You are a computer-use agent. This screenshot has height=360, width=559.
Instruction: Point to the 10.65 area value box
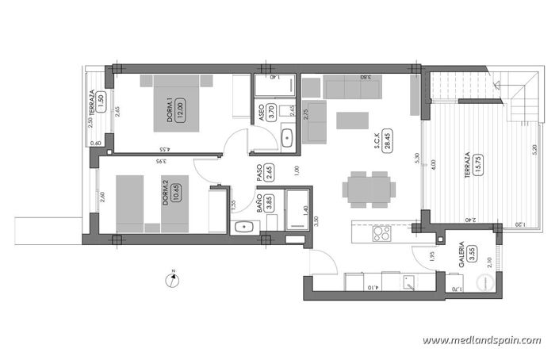pyautogui.click(x=177, y=191)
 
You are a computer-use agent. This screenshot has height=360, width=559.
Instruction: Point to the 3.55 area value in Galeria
pyautogui.click(x=473, y=254)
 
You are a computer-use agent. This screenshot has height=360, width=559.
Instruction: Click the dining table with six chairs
pyautogui.click(x=369, y=189)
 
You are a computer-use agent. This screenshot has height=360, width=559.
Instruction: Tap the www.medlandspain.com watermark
pyautogui.click(x=481, y=340)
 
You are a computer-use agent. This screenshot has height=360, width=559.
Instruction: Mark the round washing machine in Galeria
pyautogui.click(x=484, y=282)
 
